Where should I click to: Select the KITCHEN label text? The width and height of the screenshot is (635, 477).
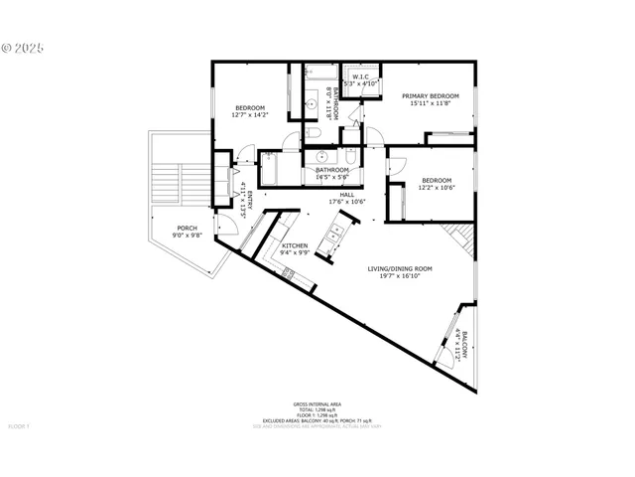[x=294, y=245]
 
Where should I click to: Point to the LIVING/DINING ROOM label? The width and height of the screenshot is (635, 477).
[x=400, y=268]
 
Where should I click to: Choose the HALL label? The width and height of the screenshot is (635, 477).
[x=346, y=195]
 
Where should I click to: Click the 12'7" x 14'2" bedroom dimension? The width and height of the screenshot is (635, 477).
[x=249, y=115]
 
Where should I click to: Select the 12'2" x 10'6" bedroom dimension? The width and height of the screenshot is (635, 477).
[x=436, y=187]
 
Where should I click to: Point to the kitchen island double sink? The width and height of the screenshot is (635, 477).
[x=337, y=235]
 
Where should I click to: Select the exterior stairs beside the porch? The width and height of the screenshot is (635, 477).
[x=177, y=179]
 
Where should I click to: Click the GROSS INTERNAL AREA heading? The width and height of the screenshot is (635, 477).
[x=317, y=403]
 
